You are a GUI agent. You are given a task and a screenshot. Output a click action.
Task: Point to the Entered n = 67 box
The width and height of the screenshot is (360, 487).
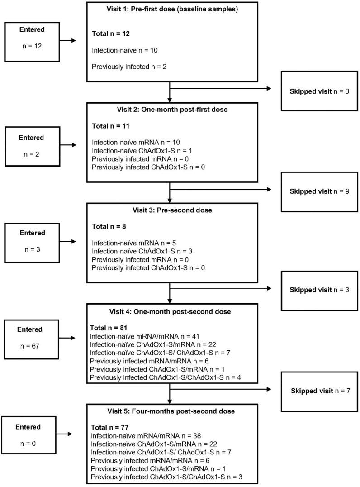coord(32,337)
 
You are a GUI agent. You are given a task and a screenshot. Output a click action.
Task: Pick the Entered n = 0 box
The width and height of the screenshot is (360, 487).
coord(32,434)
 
